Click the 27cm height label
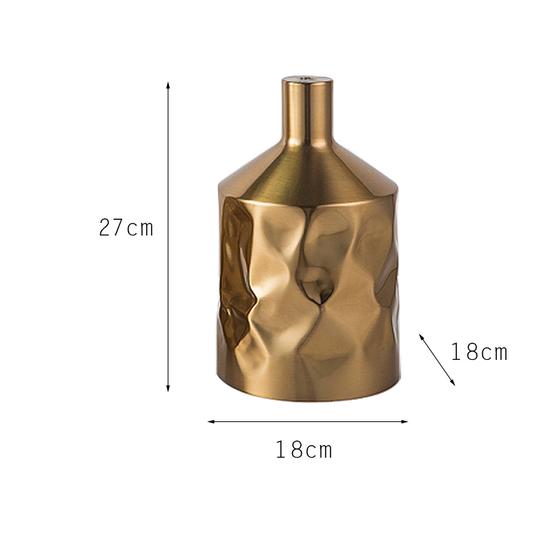(x=126, y=228)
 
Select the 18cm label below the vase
(x=304, y=449)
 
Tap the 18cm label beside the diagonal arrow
(x=479, y=352)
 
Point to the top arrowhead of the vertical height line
(x=168, y=85)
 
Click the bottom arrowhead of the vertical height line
(x=168, y=389)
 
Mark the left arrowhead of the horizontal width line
(x=211, y=422)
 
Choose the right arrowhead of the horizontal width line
(x=405, y=422)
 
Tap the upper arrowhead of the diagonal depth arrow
(x=421, y=337)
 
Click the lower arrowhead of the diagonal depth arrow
(x=453, y=382)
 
